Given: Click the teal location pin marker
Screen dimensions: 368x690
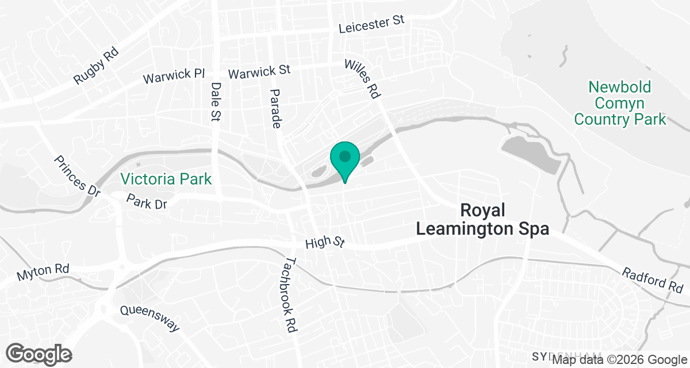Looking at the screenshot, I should tap(344, 159).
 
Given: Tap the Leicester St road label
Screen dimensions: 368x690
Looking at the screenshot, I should tap(371, 24).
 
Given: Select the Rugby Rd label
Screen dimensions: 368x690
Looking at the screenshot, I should tap(96, 66).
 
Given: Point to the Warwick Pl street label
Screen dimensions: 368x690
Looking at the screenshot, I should tap(174, 75).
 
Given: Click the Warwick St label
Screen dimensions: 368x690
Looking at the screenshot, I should tap(259, 72).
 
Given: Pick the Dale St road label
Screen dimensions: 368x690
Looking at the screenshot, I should tap(216, 101).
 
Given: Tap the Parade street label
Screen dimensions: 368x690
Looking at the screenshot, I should tap(276, 108).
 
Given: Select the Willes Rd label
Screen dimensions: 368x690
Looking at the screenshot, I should tap(363, 78).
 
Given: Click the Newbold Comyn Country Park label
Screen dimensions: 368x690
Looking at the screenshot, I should tap(620, 103).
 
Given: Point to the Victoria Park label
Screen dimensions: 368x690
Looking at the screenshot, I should tap(166, 179).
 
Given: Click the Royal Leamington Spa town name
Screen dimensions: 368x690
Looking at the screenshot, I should tap(482, 219).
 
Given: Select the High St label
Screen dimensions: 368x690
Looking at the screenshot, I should tap(325, 243).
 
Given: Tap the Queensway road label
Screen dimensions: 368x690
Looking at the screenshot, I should tap(149, 319).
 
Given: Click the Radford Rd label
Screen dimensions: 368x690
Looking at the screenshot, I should tap(652, 279).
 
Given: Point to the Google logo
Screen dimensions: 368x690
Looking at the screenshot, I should tap(39, 354).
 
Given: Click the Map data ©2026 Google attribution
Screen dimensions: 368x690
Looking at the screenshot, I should tap(619, 360).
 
